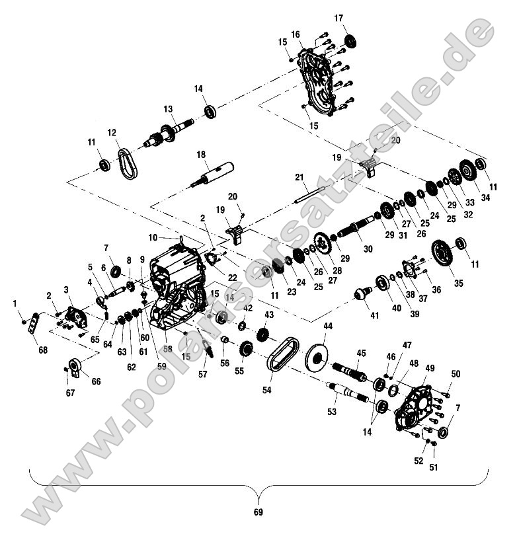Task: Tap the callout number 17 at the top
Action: tap(339, 18)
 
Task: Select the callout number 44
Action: tap(328, 327)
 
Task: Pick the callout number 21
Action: tap(299, 177)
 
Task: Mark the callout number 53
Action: tap(332, 411)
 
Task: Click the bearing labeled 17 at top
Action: tap(349, 40)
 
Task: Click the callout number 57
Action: tap(202, 374)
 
